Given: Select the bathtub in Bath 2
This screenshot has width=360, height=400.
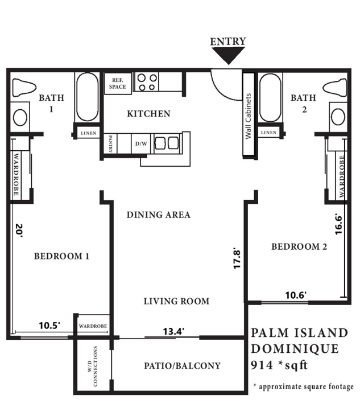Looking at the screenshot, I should coord(269,99).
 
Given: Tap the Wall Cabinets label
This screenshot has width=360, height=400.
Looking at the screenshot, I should coord(248,116).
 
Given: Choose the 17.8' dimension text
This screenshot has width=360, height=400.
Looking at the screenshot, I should coord(238,258).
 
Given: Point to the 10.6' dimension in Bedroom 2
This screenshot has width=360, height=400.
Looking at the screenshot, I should coord(296,295).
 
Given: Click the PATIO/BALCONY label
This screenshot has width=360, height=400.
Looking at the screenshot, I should coord(182,366).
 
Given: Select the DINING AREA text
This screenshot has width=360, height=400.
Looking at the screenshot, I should coord(158,215).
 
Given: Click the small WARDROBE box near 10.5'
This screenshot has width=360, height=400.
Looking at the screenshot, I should coord(92,326).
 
